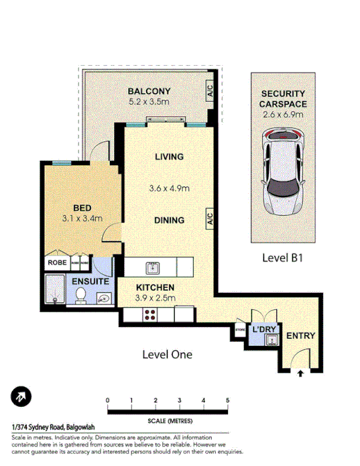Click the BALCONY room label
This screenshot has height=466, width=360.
point(150,92)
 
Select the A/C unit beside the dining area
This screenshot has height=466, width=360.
point(209,219)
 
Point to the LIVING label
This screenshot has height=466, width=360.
point(169,157)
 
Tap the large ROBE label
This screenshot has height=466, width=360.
point(57,263)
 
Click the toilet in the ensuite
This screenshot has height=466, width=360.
point(80,296)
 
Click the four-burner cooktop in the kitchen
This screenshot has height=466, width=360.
point(146,314)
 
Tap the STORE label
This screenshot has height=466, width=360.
point(241,329)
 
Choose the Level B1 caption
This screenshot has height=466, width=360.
point(283,257)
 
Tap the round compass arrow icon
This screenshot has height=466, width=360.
point(22,398)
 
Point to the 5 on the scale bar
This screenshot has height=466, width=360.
point(228,401)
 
